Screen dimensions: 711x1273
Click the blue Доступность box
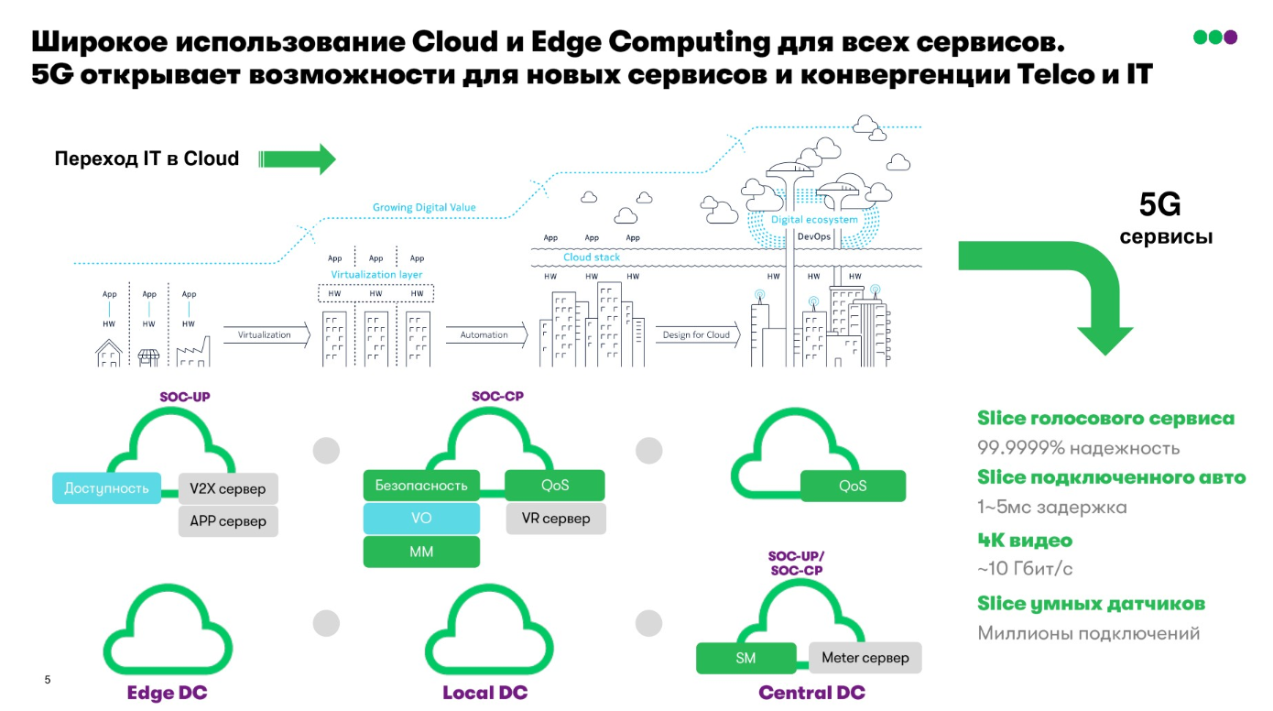tap(106, 488)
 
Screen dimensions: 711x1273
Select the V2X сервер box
tap(228, 488)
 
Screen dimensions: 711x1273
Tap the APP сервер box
tap(228, 521)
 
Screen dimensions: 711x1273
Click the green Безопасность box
tap(421, 486)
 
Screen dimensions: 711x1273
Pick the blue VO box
tap(421, 519)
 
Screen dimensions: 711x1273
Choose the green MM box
tap(421, 552)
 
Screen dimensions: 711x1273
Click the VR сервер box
tap(556, 519)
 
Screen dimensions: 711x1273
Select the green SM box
tap(745, 658)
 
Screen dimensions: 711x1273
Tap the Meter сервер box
tap(865, 658)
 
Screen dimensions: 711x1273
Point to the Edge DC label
tap(168, 693)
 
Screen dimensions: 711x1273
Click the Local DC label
tap(485, 693)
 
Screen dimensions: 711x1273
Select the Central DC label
tap(811, 693)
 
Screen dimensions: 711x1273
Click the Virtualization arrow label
tap(265, 335)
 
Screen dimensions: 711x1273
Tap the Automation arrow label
tap(484, 335)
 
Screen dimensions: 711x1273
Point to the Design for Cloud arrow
tap(697, 335)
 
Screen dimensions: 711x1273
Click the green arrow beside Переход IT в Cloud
tap(299, 159)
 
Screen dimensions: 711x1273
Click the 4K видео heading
tap(1025, 541)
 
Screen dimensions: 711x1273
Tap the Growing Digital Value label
tap(424, 208)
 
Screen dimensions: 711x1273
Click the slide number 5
tap(48, 680)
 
